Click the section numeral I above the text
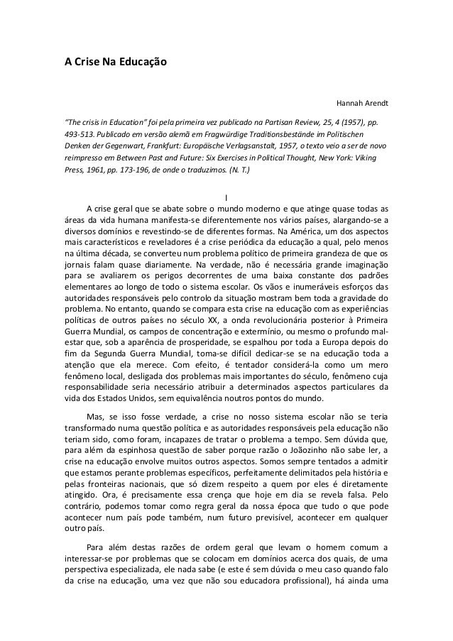coord(226,197)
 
